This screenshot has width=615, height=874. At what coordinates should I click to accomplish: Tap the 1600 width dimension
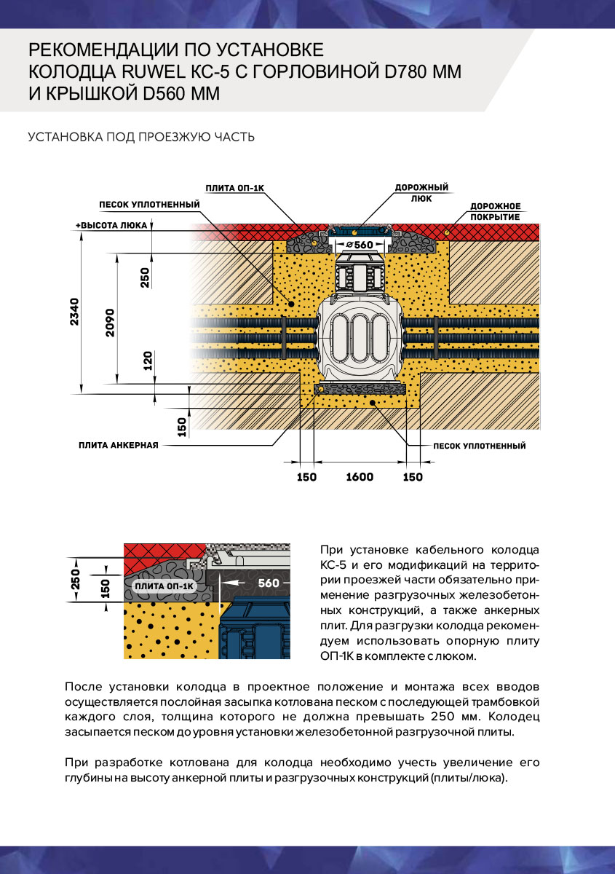pos(360,477)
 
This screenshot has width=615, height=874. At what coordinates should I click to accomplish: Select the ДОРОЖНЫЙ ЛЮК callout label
pos(421,192)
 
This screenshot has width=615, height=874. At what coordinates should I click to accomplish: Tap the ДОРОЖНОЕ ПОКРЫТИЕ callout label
pos(495,211)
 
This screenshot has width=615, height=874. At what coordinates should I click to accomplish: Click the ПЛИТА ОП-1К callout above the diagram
pos(234,188)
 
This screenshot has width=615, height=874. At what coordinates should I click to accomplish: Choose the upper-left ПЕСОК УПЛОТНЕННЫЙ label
pos(149,205)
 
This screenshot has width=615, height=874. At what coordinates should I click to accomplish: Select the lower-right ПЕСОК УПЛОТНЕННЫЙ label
pos(479,446)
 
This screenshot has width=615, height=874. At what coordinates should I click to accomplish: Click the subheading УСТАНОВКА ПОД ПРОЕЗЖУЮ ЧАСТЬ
pos(141,137)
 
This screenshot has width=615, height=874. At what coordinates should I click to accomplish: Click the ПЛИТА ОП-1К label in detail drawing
pos(165,586)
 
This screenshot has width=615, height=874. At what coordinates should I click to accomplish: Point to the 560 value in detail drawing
pos(269,583)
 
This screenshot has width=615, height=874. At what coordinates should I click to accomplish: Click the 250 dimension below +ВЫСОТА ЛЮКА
pos(144,277)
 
